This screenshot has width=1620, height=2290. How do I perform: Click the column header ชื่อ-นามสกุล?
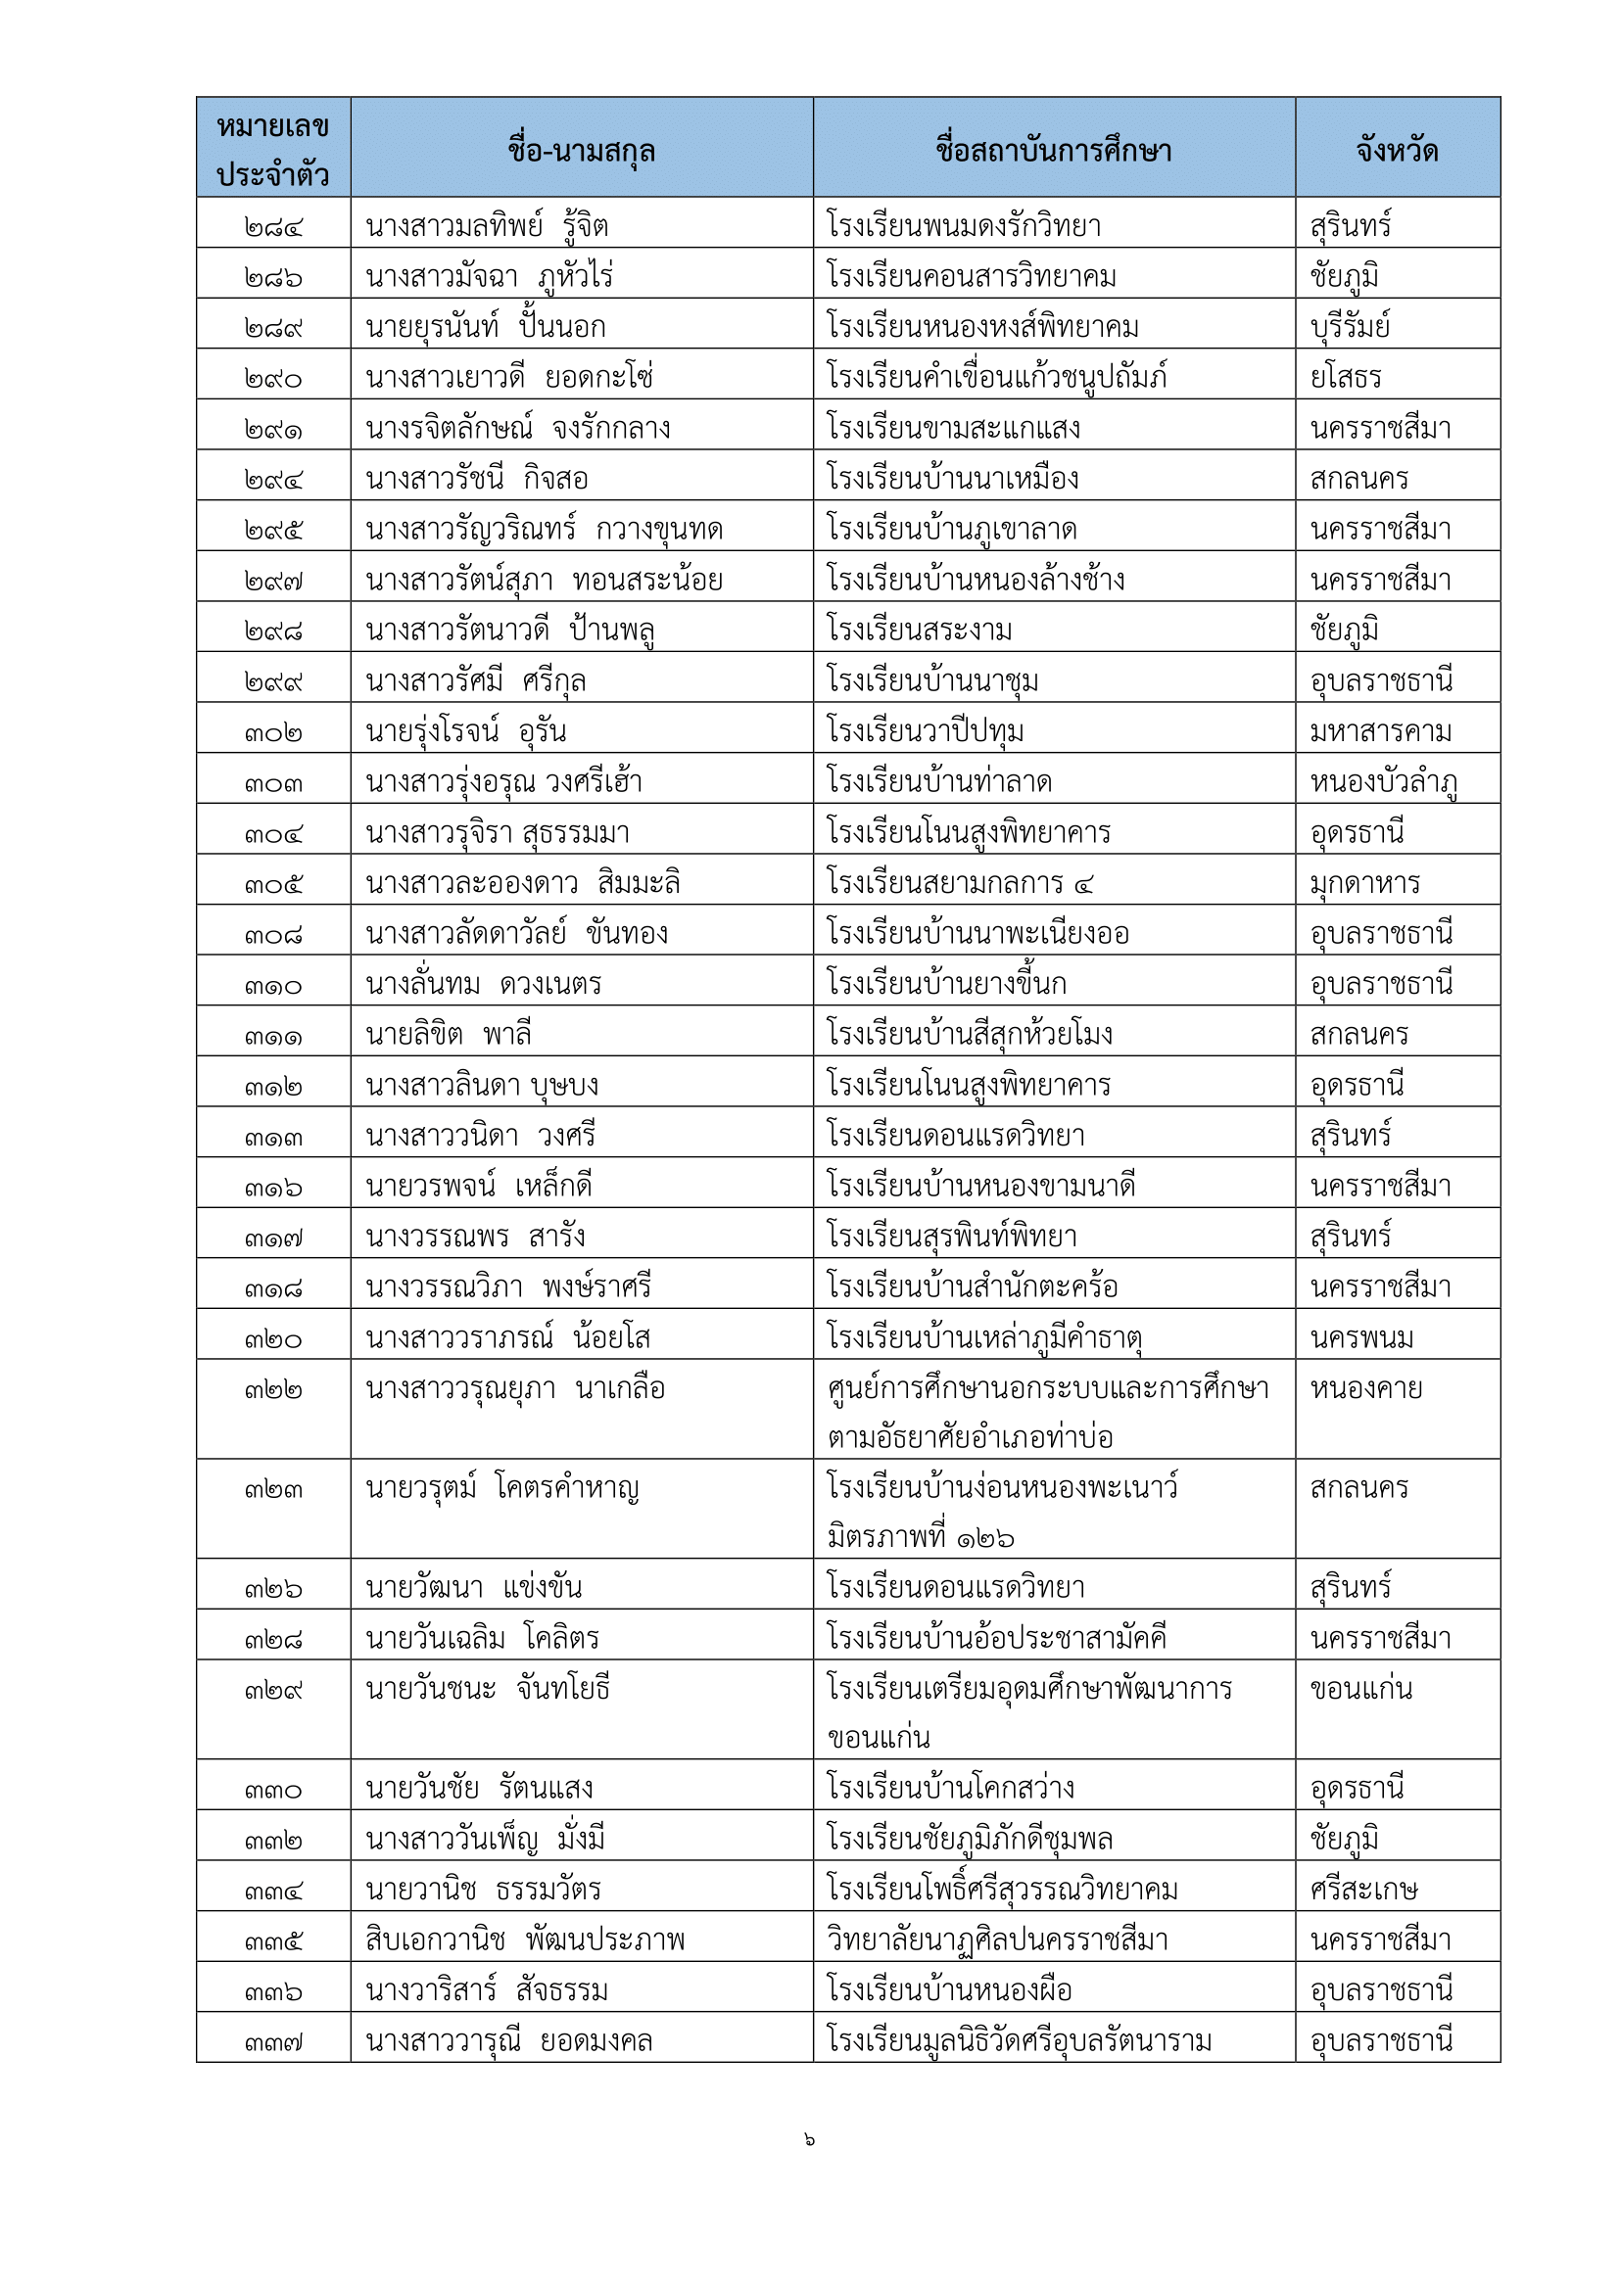tap(581, 151)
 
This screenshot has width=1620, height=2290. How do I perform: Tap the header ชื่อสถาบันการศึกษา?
tap(1054, 151)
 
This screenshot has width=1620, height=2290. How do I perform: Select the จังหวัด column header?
tap(1397, 151)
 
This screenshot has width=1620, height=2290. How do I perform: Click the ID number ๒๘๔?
tap(272, 227)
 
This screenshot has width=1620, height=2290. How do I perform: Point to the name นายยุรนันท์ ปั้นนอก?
tap(486, 327)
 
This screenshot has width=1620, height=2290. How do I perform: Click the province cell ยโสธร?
tap(1346, 378)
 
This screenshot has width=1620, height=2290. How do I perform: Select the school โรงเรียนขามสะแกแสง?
tap(953, 429)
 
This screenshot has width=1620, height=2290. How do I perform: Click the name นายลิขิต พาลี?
tap(448, 1035)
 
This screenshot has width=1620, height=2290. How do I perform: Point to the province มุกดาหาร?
tap(1364, 884)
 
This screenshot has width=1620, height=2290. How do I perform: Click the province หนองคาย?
tap(1365, 1388)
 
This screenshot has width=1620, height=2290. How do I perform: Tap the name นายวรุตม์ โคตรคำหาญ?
tap(501, 1489)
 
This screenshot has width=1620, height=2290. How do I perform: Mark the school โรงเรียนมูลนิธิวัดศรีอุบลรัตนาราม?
tap(1019, 2041)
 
